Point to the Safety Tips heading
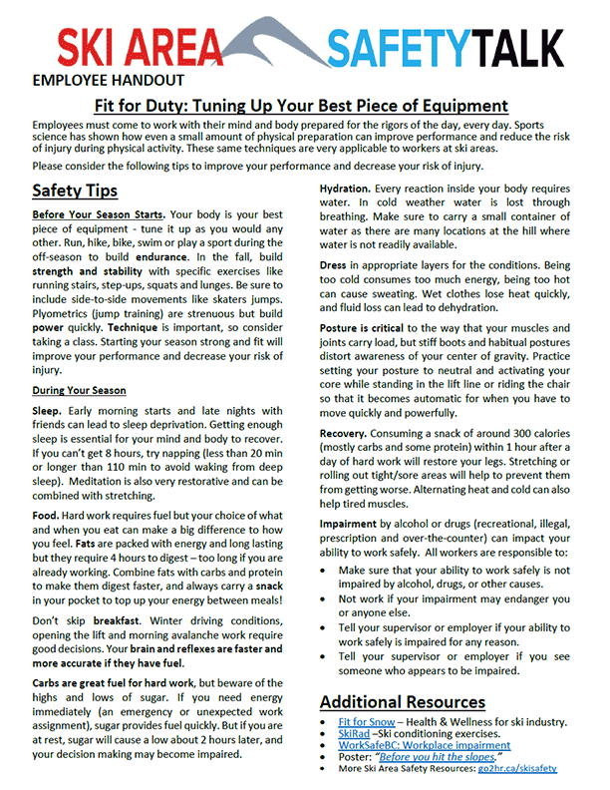click(75, 190)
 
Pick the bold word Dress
click(335, 266)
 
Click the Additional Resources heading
click(403, 701)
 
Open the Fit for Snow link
click(365, 721)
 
